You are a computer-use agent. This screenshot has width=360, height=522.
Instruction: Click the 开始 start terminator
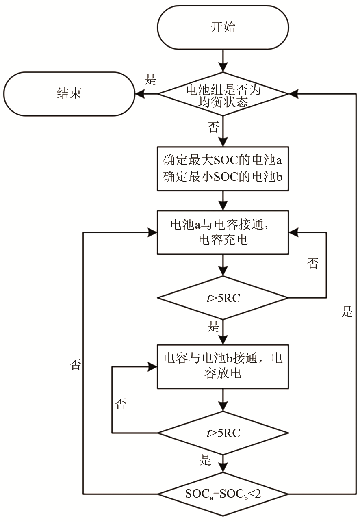(x=223, y=28)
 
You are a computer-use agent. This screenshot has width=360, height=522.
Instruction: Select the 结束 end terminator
(x=69, y=93)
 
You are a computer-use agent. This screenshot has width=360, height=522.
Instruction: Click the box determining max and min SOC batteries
(x=223, y=169)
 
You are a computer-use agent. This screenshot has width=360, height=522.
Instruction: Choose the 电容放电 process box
(x=223, y=366)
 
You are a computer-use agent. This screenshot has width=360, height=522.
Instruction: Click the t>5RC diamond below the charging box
(x=223, y=298)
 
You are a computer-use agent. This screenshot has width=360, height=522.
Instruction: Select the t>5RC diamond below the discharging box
(x=223, y=433)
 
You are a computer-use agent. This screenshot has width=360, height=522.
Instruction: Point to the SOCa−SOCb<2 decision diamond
(x=223, y=494)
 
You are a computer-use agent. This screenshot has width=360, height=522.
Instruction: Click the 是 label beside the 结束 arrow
(x=151, y=80)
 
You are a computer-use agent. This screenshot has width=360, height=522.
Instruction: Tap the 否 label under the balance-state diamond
(x=213, y=128)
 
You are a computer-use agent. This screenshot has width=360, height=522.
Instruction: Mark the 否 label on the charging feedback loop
(x=313, y=264)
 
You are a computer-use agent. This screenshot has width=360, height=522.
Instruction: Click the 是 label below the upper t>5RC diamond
(x=213, y=327)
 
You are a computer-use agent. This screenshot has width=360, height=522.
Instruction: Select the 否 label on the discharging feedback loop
(x=121, y=404)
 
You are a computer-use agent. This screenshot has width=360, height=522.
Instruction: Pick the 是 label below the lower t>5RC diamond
(x=206, y=460)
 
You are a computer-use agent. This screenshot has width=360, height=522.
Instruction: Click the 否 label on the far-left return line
(x=76, y=364)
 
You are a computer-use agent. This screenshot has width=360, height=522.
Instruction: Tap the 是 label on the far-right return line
(x=347, y=312)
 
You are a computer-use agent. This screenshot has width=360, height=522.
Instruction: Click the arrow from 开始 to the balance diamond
(x=223, y=61)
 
